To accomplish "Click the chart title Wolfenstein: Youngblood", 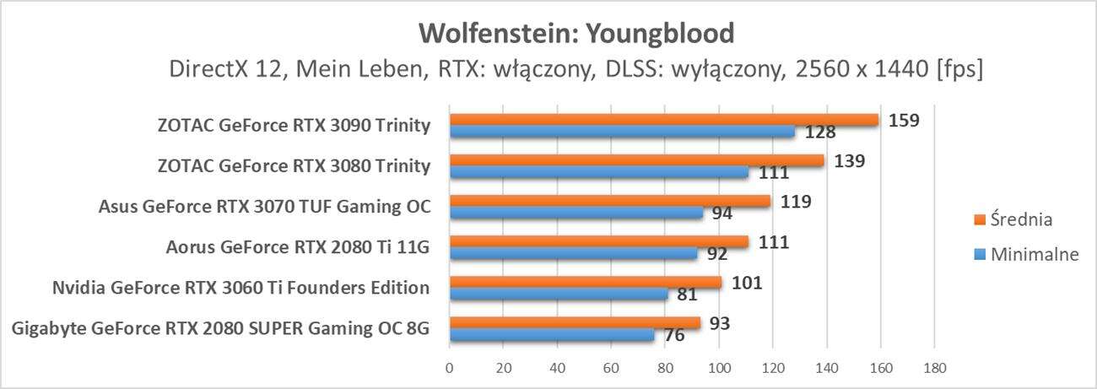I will click(576, 33).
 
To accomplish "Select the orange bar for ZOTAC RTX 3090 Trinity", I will click(663, 120).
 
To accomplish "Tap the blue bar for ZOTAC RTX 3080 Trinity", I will click(598, 172).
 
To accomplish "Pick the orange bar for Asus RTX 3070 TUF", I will click(609, 201).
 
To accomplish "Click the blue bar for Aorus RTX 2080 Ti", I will click(573, 253).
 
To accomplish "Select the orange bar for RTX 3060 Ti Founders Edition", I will click(585, 282).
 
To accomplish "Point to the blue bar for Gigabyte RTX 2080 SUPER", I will click(551, 334).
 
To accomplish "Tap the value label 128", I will click(815, 132).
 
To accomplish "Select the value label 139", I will click(850, 160).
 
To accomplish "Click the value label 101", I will click(747, 282).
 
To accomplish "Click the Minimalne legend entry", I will click(1026, 256).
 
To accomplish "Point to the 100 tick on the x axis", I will click(719, 368).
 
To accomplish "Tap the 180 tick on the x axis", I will click(934, 368).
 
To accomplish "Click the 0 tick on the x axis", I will click(450, 368).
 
